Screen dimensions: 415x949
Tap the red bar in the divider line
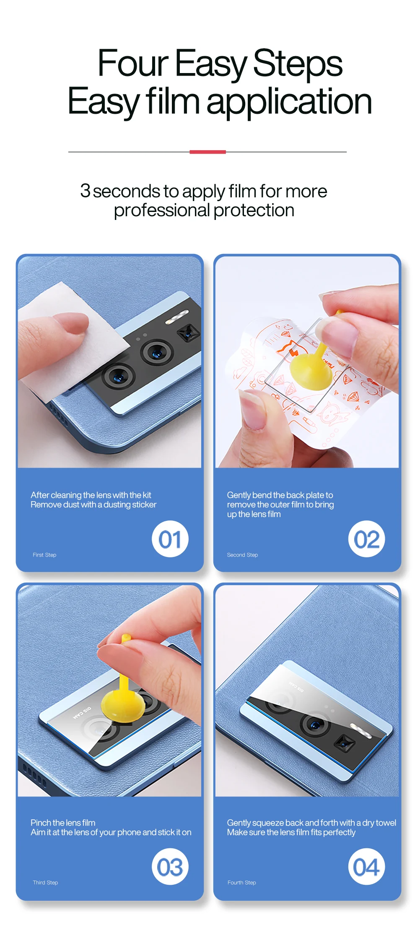click(207, 152)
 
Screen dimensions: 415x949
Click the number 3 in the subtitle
click(85, 191)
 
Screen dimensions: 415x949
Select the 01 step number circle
click(170, 539)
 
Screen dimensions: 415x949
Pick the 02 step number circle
click(366, 539)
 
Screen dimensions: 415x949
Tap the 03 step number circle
click(170, 867)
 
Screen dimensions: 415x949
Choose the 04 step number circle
click(366, 867)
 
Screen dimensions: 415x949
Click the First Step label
click(44, 555)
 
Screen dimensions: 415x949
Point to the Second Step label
click(242, 555)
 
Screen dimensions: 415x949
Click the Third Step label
click(45, 883)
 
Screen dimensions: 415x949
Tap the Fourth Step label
click(242, 883)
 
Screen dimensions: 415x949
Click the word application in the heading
click(289, 102)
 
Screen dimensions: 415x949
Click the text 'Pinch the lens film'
click(63, 823)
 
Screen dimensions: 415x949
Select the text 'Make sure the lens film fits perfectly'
click(291, 832)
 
